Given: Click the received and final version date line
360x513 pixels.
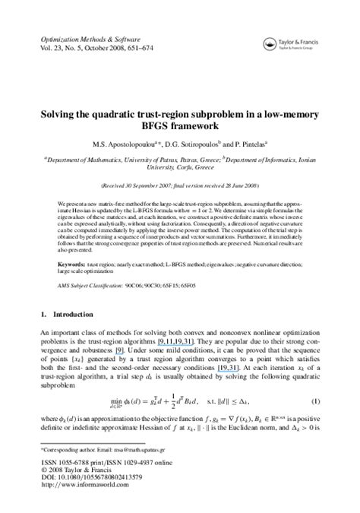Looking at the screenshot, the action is tap(180, 185).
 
